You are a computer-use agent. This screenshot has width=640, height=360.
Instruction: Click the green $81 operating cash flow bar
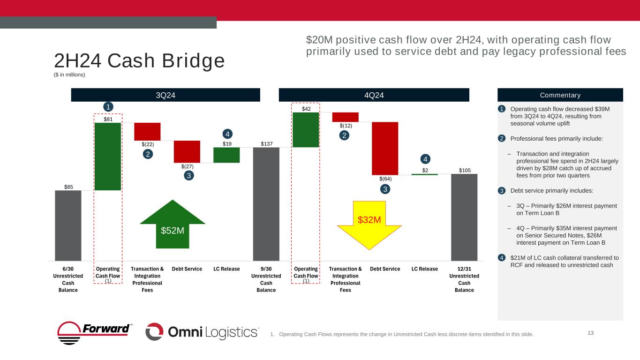click(x=108, y=156)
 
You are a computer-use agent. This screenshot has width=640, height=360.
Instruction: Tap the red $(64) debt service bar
click(x=385, y=148)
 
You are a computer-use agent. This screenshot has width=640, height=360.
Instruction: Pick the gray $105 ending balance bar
click(x=464, y=217)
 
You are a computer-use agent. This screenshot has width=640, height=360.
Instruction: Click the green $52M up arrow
click(x=173, y=225)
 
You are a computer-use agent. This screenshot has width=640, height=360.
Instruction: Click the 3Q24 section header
click(x=166, y=95)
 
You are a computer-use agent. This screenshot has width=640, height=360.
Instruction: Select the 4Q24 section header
click(x=374, y=95)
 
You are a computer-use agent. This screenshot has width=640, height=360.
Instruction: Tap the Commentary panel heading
click(x=560, y=95)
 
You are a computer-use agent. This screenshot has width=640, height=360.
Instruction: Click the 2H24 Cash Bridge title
click(x=139, y=61)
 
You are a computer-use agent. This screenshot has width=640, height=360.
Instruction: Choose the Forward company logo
click(x=95, y=332)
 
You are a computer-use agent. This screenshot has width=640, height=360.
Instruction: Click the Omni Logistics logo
click(x=202, y=332)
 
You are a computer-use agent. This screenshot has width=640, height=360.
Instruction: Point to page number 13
click(x=591, y=333)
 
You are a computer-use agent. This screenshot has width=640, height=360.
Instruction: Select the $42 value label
click(x=306, y=109)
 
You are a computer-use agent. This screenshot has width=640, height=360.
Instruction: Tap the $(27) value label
click(x=187, y=166)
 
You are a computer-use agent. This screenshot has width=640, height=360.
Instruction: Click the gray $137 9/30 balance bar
click(x=266, y=204)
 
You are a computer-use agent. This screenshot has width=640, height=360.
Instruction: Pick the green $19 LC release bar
click(x=226, y=155)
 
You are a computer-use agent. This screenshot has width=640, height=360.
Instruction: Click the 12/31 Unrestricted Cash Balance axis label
click(x=464, y=279)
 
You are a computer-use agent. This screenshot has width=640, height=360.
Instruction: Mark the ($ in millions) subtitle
click(x=70, y=74)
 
